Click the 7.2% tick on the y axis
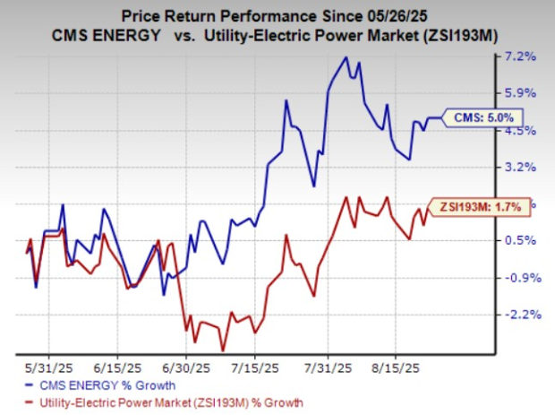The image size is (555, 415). tap(520, 56)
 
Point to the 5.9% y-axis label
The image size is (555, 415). tap(520, 93)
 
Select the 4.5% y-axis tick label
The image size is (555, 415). tap(520, 130)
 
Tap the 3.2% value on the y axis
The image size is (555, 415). tap(520, 167)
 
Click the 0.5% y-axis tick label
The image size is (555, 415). tap(520, 240)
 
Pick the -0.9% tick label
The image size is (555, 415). tap(518, 278)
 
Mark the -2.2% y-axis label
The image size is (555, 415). tap(518, 315)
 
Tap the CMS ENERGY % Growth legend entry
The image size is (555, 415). tap(92, 385)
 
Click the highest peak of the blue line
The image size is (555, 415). tap(346, 57)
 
